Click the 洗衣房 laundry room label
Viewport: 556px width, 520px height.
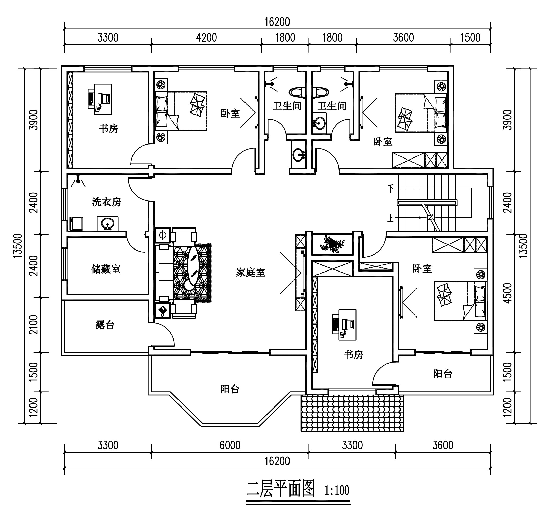coord(106,202)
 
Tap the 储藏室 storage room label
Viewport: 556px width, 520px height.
coord(106,269)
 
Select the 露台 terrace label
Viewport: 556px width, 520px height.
coord(105,325)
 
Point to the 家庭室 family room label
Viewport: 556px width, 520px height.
coord(250,272)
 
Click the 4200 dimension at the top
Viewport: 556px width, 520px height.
coord(206,38)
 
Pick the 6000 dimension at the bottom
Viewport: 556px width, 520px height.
coord(230,445)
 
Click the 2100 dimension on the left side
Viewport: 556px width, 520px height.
coord(34,325)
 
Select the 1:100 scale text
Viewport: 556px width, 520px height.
coord(337,490)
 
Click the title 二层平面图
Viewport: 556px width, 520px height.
coord(280,489)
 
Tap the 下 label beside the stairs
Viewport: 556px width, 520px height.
coord(391,188)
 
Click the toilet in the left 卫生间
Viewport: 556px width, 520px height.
coord(298,92)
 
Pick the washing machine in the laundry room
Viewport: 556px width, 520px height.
coord(76,224)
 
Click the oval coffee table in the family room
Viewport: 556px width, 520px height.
coord(193,265)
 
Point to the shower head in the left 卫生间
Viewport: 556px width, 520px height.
coord(272,84)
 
